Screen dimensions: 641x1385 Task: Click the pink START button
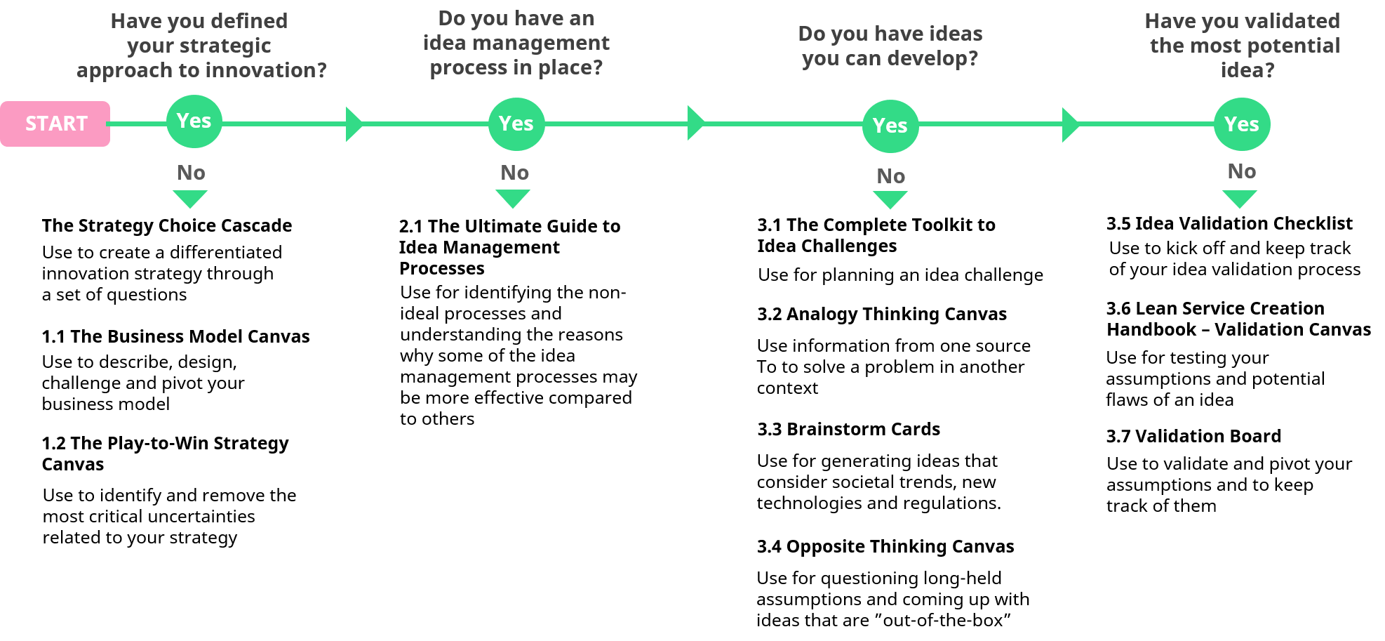pyautogui.click(x=55, y=124)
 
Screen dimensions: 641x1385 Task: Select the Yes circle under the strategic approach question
pyautogui.click(x=194, y=121)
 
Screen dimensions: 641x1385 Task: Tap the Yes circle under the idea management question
pyautogui.click(x=516, y=124)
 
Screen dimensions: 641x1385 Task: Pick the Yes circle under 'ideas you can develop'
pyautogui.click(x=890, y=126)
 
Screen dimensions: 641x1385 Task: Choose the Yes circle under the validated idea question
pyautogui.click(x=1242, y=124)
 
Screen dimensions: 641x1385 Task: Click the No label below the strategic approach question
pyautogui.click(x=191, y=173)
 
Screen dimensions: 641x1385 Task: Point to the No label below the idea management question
pyautogui.click(x=515, y=173)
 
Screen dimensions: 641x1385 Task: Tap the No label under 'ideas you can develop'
pyautogui.click(x=891, y=176)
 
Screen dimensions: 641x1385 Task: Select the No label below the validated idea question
pyautogui.click(x=1242, y=171)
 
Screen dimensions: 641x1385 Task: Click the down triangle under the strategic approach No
pyautogui.click(x=190, y=198)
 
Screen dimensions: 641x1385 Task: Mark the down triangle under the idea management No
pyautogui.click(x=513, y=198)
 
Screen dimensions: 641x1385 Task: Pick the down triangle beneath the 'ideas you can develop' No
pyautogui.click(x=890, y=199)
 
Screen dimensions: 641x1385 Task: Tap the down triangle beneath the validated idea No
pyautogui.click(x=1240, y=198)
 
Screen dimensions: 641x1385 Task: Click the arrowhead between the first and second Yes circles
pyautogui.click(x=354, y=124)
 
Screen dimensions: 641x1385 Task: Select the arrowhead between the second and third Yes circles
pyautogui.click(x=695, y=124)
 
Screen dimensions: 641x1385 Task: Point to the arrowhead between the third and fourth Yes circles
pyautogui.click(x=1070, y=125)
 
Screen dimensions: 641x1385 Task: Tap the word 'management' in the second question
pyautogui.click(x=541, y=43)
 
